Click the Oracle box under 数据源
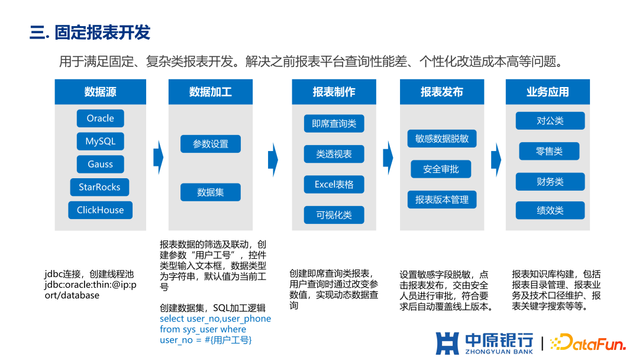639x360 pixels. coord(100,118)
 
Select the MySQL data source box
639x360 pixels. coord(100,142)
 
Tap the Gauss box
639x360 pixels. coord(100,165)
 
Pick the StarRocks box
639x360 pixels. coord(99,187)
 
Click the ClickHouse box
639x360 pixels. coord(100,210)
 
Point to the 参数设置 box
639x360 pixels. coord(210,144)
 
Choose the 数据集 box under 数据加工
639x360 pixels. coord(210,192)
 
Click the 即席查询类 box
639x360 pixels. coord(334,124)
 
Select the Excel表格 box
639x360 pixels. coord(334,185)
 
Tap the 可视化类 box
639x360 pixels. coord(334,215)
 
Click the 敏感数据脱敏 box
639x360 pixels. coord(442,139)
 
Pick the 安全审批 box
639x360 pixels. coord(441,169)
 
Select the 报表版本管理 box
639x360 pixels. coord(442,200)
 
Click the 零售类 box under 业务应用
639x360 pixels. coord(550,152)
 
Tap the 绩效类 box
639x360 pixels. coord(550,210)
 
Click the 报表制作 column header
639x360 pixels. coord(334,92)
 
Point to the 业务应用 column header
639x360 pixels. coord(547,92)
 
